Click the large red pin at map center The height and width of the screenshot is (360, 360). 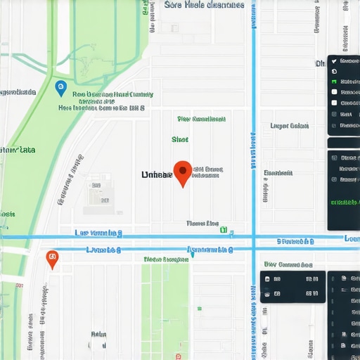pyautogui.click(x=183, y=172)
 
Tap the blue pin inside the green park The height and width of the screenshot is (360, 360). pyautogui.click(x=60, y=88)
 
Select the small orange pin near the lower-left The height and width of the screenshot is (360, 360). pyautogui.click(x=51, y=259)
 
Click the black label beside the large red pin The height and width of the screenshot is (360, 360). pyautogui.click(x=156, y=174)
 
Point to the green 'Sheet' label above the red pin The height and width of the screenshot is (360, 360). pyautogui.click(x=179, y=139)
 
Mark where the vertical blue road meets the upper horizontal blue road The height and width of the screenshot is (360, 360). pyautogui.click(x=254, y=236)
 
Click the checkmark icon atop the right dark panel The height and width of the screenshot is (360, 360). pyautogui.click(x=334, y=61)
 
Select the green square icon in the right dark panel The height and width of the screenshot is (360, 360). pyautogui.click(x=334, y=82)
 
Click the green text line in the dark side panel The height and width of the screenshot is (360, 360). pyautogui.click(x=344, y=202)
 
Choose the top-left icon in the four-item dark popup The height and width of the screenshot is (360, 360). pyautogui.click(x=267, y=279)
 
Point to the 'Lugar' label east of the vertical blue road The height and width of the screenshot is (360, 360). pyautogui.click(x=289, y=127)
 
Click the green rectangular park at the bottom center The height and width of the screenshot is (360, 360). pyautogui.click(x=165, y=309)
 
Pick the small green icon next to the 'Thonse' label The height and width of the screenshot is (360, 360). pyautogui.click(x=224, y=229)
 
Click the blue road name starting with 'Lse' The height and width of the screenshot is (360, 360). pyautogui.click(x=98, y=232)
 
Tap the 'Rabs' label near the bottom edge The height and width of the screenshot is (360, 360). pyautogui.click(x=98, y=335)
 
